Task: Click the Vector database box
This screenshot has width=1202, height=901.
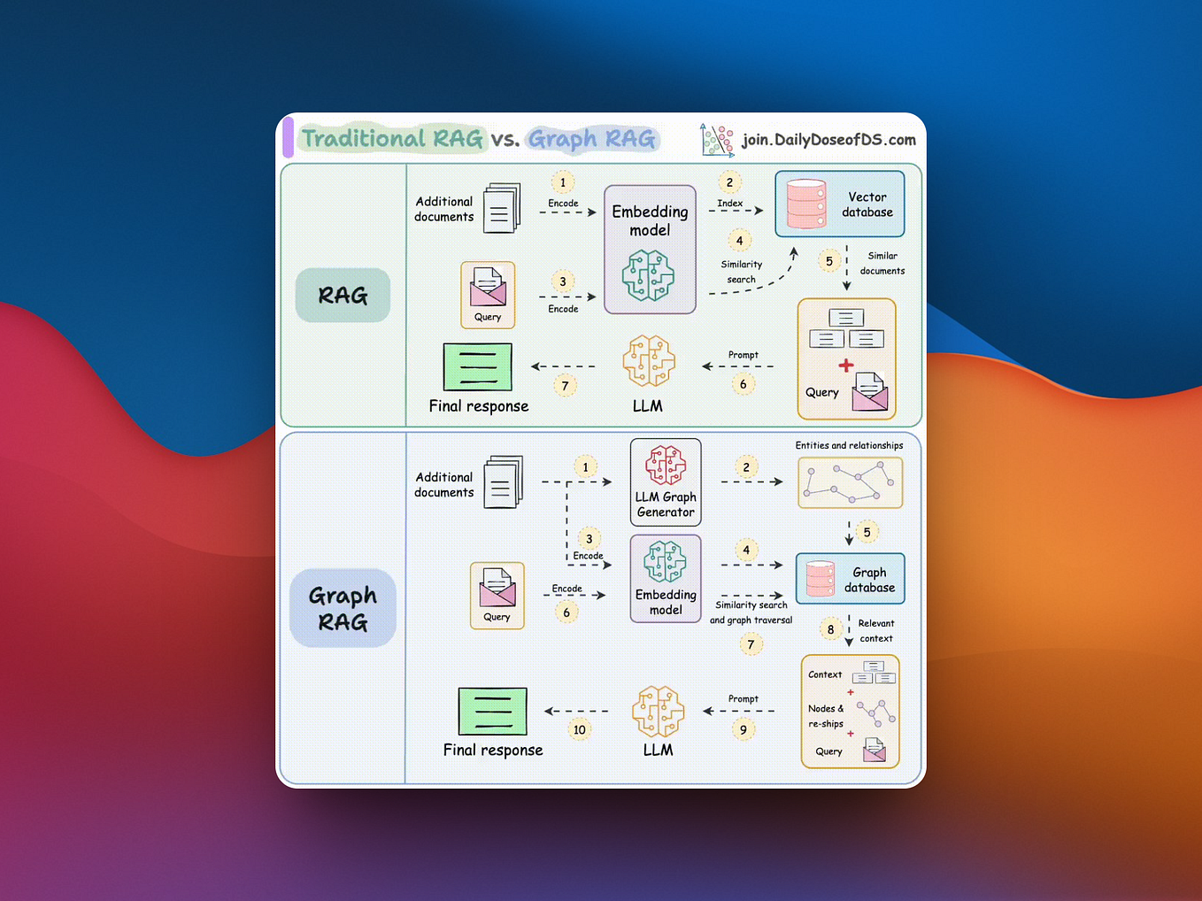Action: click(x=839, y=204)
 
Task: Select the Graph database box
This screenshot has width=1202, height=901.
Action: click(x=850, y=579)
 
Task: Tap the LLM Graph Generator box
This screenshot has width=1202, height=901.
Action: click(x=666, y=482)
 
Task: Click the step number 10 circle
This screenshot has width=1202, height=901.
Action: click(x=579, y=729)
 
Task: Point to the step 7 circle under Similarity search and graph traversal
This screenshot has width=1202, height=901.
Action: click(x=751, y=644)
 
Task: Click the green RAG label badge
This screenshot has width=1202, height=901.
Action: click(x=343, y=296)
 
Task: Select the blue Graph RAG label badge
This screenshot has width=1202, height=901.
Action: click(x=343, y=608)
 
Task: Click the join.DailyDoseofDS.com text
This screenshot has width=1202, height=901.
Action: click(x=828, y=140)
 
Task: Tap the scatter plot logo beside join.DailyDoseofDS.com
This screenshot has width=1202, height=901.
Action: click(x=717, y=140)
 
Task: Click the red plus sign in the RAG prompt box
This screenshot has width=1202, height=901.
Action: click(x=846, y=366)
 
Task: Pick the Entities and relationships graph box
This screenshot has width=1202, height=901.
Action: click(x=850, y=482)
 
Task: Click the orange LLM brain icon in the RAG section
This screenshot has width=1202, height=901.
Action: click(x=649, y=361)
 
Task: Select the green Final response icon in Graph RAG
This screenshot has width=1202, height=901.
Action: click(x=493, y=711)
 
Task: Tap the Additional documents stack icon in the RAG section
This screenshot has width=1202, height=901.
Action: click(x=501, y=209)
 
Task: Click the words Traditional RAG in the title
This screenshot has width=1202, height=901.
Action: click(x=392, y=139)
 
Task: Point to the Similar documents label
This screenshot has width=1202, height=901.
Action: click(x=882, y=263)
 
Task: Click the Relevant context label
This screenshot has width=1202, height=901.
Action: click(x=875, y=630)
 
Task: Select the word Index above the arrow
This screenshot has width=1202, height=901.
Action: click(x=729, y=204)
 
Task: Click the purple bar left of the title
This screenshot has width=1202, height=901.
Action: click(x=288, y=139)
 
